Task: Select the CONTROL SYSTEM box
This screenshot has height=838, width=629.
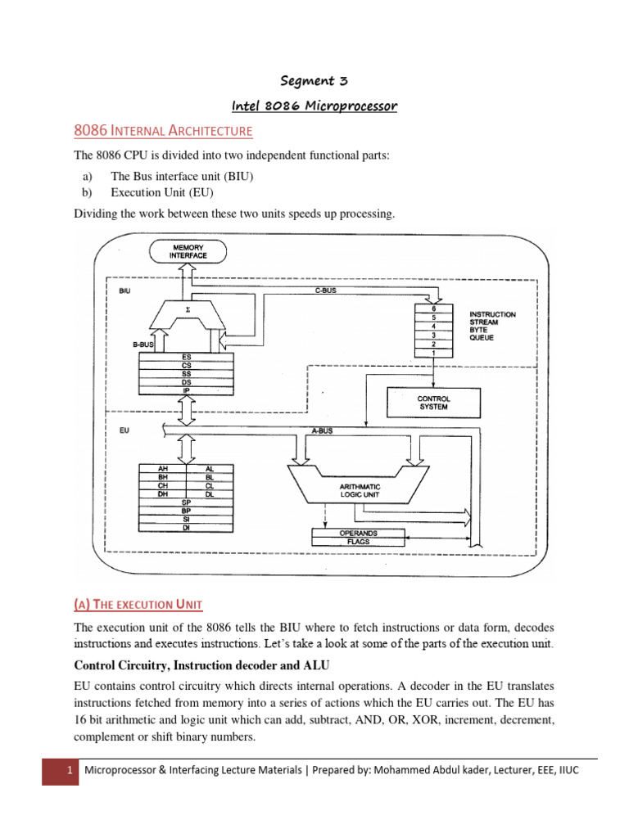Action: pos(433,403)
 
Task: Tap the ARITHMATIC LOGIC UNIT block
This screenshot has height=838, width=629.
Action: pos(360,489)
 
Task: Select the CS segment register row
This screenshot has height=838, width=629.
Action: pos(187,365)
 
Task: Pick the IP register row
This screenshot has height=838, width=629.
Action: pos(187,390)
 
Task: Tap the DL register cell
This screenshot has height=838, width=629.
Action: pos(210,494)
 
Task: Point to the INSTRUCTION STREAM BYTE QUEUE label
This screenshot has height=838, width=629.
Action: pos(491,326)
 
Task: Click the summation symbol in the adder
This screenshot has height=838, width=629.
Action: pos(189,310)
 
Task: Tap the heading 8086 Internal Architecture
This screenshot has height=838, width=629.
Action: pos(163,130)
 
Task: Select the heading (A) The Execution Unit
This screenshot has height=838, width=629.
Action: pos(138,604)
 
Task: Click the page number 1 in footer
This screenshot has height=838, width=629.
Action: pos(60,771)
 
